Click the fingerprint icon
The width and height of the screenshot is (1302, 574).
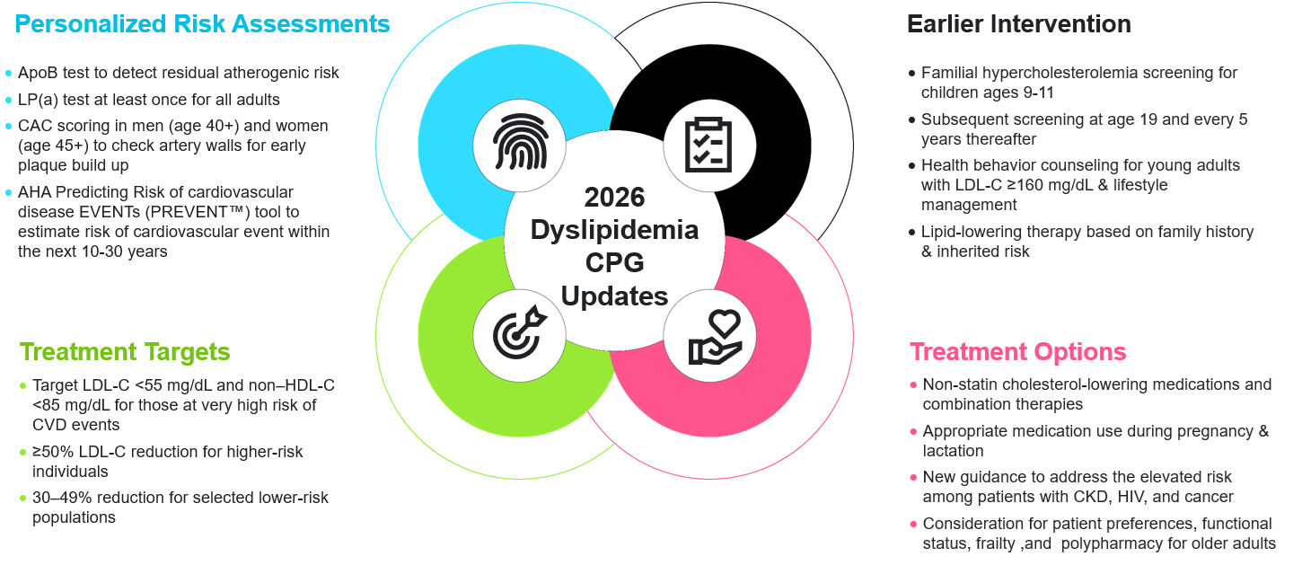(520, 142)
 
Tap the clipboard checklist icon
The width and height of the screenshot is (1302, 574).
(708, 145)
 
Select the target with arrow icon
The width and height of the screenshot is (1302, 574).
(520, 331)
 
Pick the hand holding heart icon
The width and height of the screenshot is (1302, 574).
(715, 338)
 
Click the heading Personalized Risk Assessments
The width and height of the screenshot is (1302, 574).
(202, 24)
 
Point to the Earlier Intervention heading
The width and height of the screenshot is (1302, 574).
(1019, 24)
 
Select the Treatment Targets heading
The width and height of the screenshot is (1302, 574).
(125, 352)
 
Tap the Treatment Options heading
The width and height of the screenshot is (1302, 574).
(1017, 352)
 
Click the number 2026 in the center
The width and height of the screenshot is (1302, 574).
(614, 197)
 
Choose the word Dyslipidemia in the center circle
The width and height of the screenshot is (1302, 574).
(614, 230)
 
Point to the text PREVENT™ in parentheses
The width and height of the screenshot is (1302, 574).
(207, 212)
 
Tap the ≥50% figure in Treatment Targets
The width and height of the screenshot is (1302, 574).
(53, 452)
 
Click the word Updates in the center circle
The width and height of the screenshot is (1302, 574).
(614, 296)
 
